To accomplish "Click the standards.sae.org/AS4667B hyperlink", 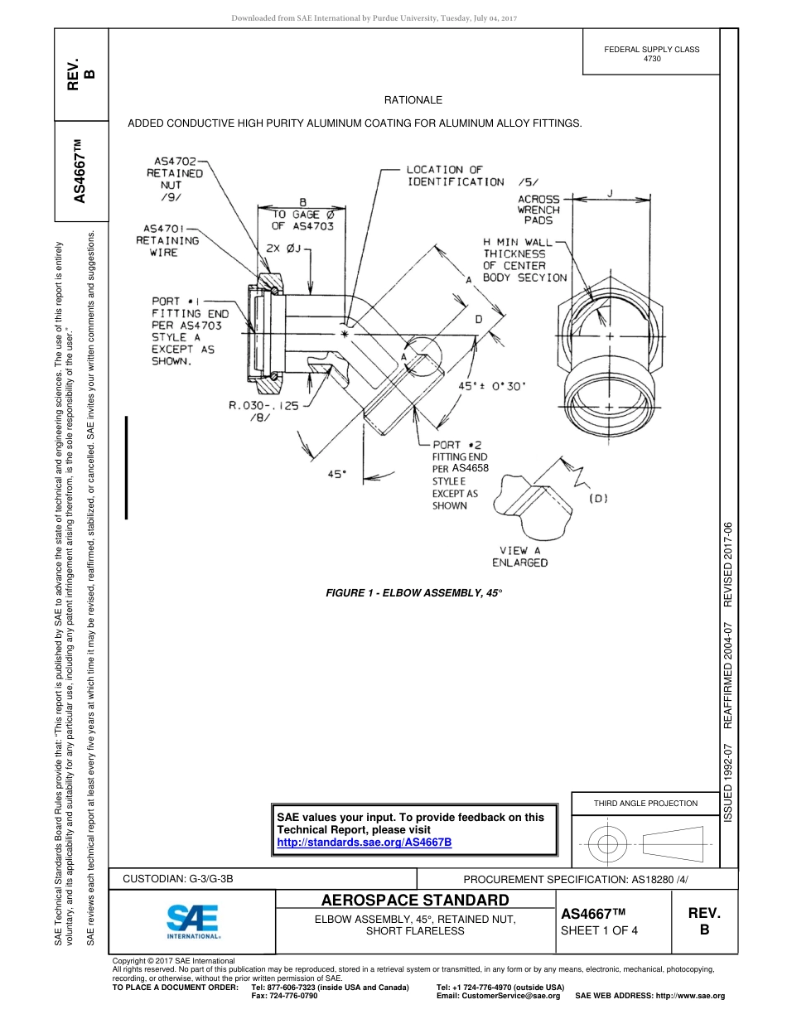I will pyautogui.click(x=364, y=842).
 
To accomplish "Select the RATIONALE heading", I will pyautogui.click(x=413, y=100).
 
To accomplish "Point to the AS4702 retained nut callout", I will pyautogui.click(x=175, y=179).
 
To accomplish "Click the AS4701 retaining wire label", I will pyautogui.click(x=167, y=240).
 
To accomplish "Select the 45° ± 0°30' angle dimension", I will pyautogui.click(x=492, y=385).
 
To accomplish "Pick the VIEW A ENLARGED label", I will pyautogui.click(x=519, y=557).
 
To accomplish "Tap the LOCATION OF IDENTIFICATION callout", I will pyautogui.click(x=455, y=176).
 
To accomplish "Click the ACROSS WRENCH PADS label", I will pyautogui.click(x=538, y=210).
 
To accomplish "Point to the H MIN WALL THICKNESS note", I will pyautogui.click(x=524, y=260).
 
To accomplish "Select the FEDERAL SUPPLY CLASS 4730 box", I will pyautogui.click(x=651, y=54).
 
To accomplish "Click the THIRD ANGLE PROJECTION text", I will pyautogui.click(x=645, y=803).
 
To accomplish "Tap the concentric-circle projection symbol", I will pyautogui.click(x=608, y=844).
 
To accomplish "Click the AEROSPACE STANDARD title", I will pyautogui.click(x=415, y=901).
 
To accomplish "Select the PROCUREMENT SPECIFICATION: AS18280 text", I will pyautogui.click(x=575, y=879).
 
